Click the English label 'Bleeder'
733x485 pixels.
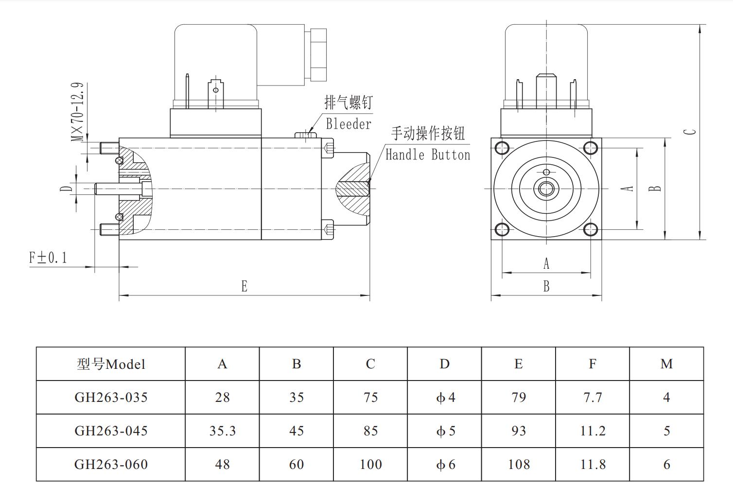point(349,124)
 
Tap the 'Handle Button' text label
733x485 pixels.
point(428,155)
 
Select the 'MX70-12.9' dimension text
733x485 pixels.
point(78,111)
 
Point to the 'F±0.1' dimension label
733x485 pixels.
point(48,258)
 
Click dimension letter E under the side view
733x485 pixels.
point(244,286)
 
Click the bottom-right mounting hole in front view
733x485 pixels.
point(590,229)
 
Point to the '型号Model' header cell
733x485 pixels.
point(111,364)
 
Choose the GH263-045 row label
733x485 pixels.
point(111,431)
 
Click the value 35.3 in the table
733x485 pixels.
point(222,431)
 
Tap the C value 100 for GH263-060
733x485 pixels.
point(370,465)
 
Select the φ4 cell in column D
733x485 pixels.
point(445,398)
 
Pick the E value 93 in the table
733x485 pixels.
point(519,431)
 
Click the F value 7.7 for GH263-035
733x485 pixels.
point(593,398)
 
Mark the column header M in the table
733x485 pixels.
point(666,364)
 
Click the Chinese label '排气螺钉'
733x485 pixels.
point(349,103)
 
